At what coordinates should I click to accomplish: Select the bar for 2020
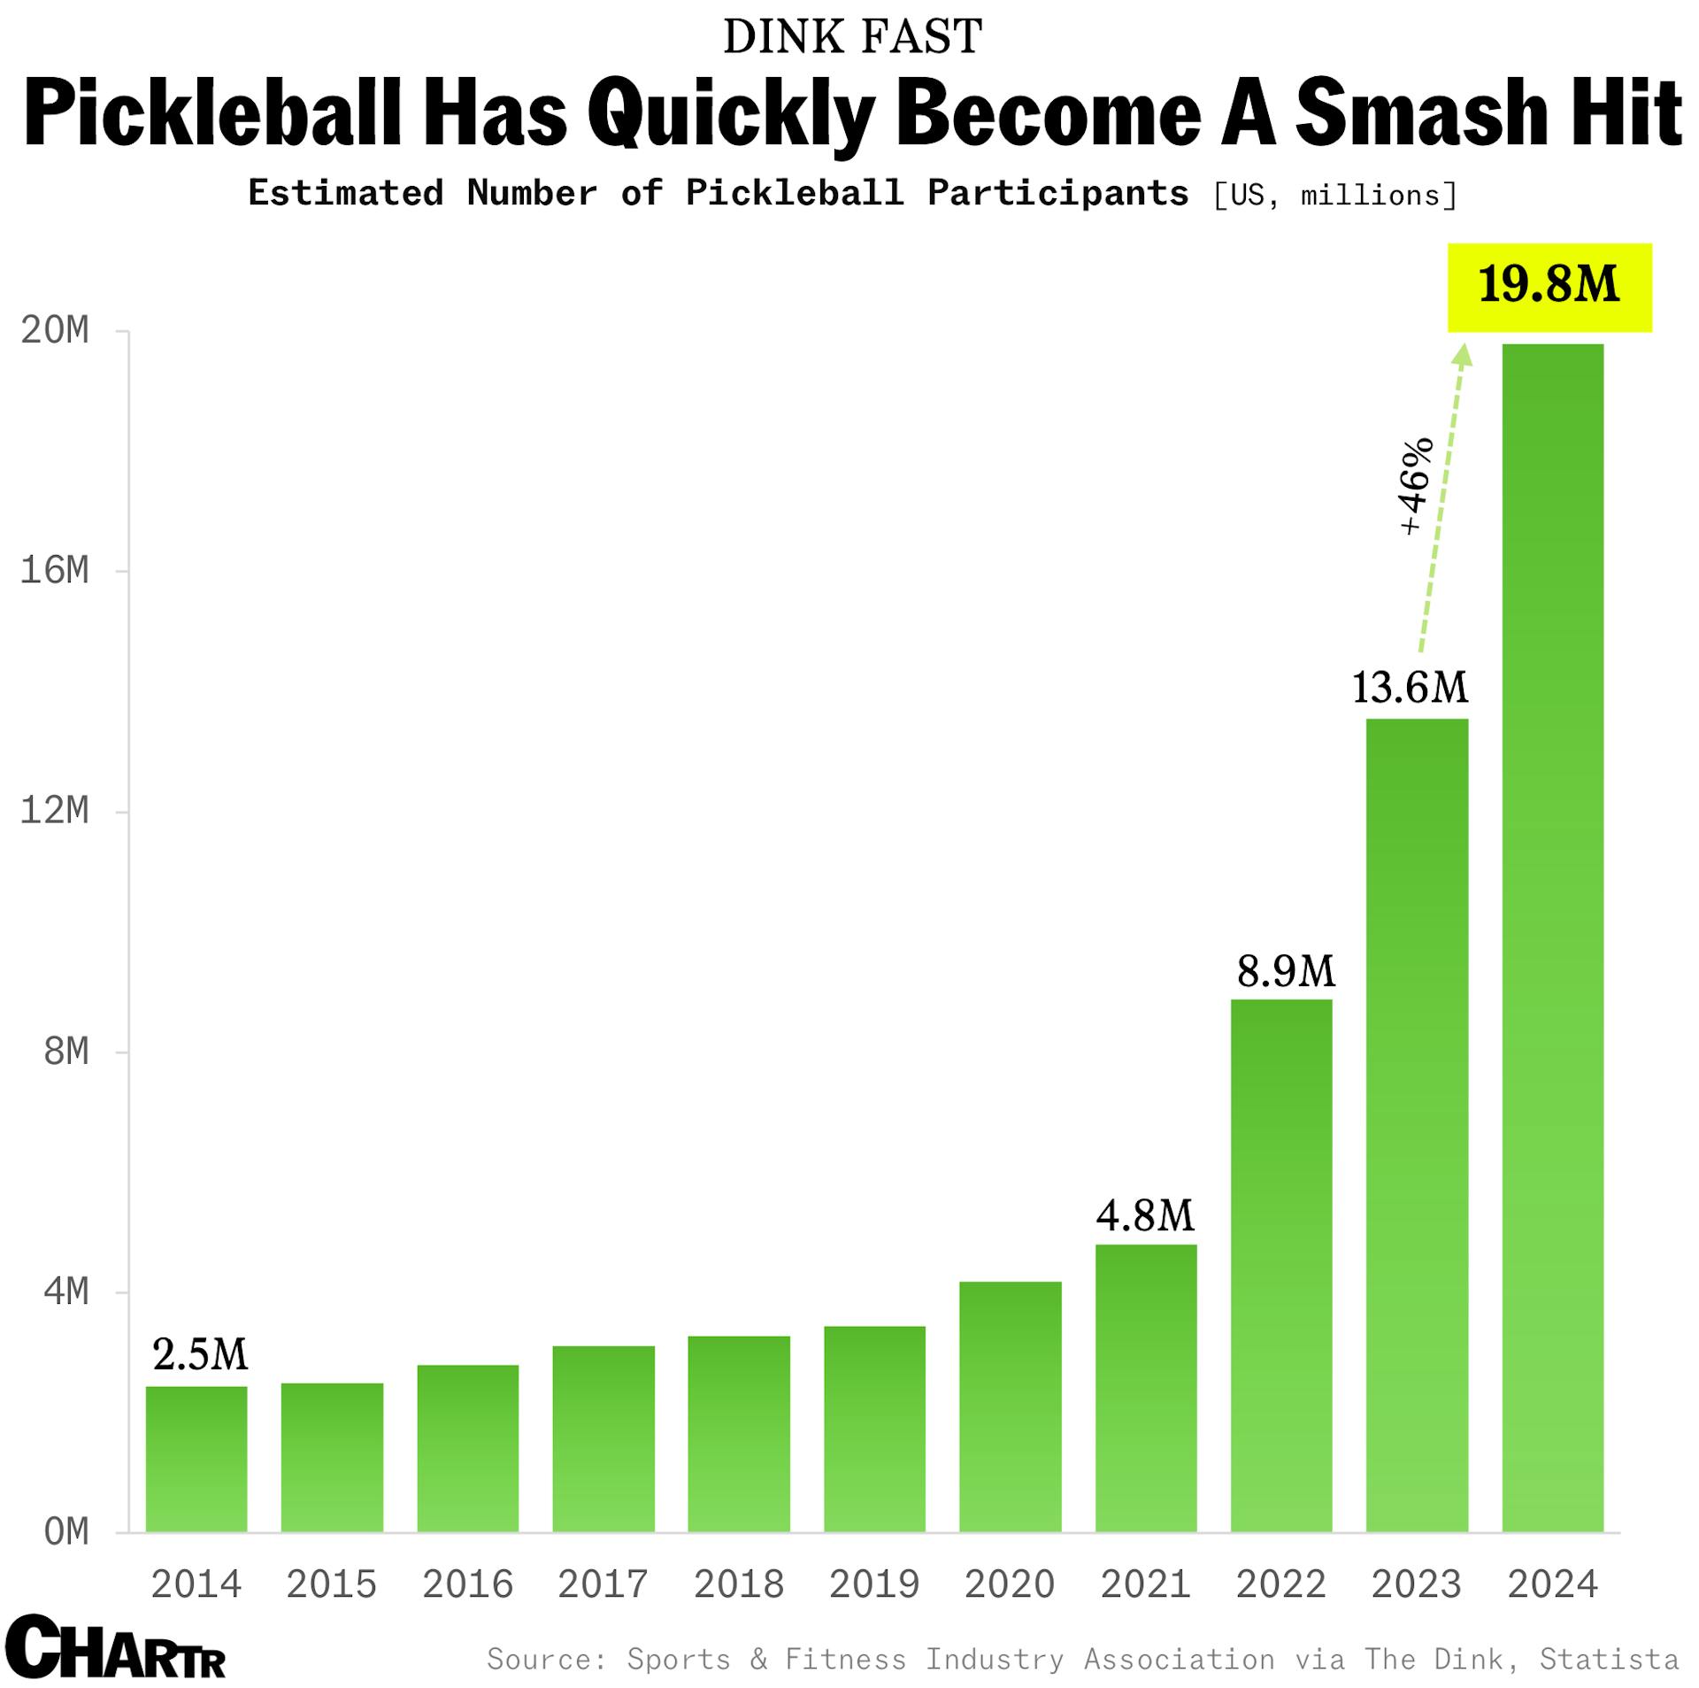(x=1010, y=1407)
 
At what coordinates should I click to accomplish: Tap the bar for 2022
(x=1281, y=1266)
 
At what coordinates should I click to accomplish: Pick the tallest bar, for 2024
(x=1552, y=938)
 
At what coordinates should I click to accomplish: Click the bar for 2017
(x=603, y=1438)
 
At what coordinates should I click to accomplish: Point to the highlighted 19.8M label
(x=1549, y=287)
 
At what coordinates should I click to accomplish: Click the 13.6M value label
(x=1410, y=688)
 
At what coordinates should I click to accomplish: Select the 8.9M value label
(x=1286, y=972)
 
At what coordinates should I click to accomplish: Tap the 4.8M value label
(x=1145, y=1216)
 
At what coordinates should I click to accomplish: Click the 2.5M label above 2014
(x=200, y=1354)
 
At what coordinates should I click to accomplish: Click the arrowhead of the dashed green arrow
(x=1463, y=355)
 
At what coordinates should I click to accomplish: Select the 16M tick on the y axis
(x=55, y=571)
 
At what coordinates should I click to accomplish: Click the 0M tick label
(x=66, y=1532)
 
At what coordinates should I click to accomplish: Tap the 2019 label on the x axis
(x=874, y=1584)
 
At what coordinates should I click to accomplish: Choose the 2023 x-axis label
(x=1417, y=1584)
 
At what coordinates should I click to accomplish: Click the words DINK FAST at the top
(x=852, y=37)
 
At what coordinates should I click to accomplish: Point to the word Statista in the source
(x=1609, y=1659)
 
